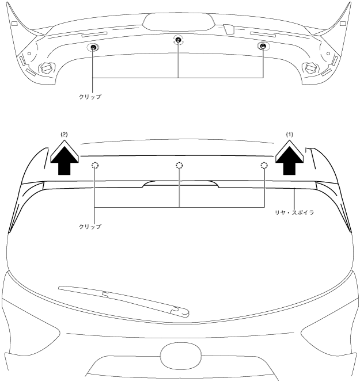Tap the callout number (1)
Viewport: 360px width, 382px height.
click(290, 134)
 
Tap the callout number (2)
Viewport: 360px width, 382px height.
click(64, 134)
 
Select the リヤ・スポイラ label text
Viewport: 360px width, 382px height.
click(294, 213)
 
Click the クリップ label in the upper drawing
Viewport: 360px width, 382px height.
click(90, 97)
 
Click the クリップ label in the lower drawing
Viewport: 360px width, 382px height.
click(90, 227)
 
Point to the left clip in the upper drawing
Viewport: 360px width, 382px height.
click(93, 47)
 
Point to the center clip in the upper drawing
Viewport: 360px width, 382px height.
click(179, 40)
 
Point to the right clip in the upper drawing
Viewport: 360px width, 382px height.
click(263, 46)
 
